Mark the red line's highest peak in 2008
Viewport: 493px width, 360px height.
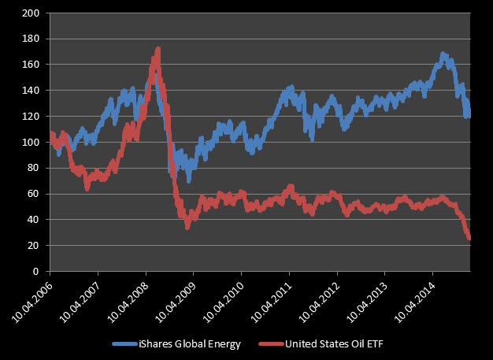coord(158,49)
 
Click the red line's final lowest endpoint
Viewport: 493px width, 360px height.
coord(469,238)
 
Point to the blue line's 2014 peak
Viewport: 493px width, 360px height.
coord(443,54)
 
